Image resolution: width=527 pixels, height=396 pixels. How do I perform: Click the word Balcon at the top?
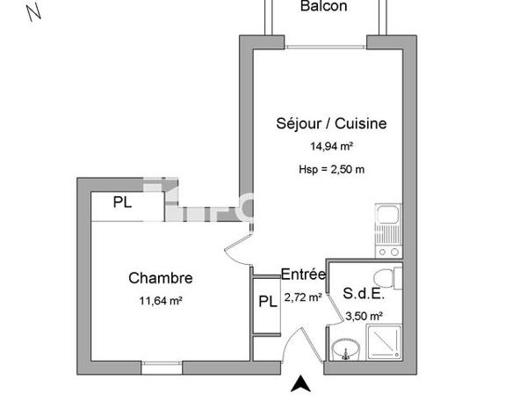pos(324,7)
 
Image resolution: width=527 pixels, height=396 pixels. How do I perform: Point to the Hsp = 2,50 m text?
pos(326,169)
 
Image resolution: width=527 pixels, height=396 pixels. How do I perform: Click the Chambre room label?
pos(161,278)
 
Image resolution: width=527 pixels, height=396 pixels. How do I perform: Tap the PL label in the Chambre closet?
pos(124,202)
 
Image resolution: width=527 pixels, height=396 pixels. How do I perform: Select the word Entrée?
pos(303,275)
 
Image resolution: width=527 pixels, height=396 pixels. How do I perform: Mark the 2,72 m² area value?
pos(303,297)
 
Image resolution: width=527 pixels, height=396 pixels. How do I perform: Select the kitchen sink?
pos(386,216)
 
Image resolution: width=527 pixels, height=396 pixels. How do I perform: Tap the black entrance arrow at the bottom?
pos(301,383)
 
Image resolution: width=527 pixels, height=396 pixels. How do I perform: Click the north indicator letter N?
pos(34,12)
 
